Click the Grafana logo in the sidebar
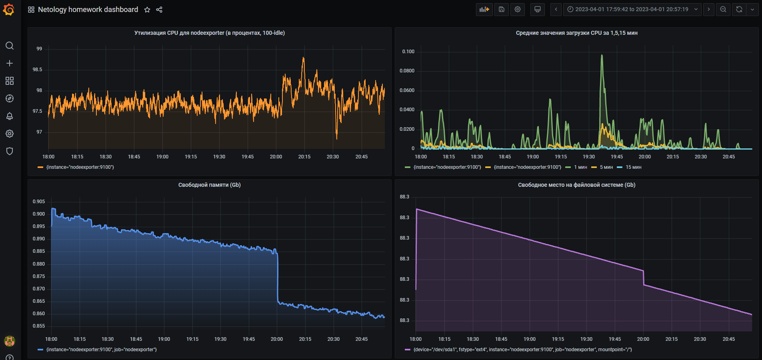(x=9, y=10)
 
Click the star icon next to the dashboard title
(x=147, y=10)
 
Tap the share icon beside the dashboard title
(x=159, y=10)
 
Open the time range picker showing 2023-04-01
(x=632, y=9)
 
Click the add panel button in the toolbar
(x=484, y=9)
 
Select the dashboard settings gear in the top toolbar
(x=518, y=9)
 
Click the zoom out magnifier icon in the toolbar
(x=723, y=9)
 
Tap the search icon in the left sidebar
(x=10, y=46)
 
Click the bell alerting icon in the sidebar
(x=10, y=116)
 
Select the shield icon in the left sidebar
(x=10, y=151)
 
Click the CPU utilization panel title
(x=209, y=33)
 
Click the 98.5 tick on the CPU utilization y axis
(x=37, y=70)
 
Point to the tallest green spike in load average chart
(x=602, y=56)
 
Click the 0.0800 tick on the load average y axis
(x=407, y=71)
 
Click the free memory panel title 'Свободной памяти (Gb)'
(x=209, y=185)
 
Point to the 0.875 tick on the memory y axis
(x=39, y=276)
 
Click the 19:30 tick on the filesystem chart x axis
(x=586, y=339)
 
